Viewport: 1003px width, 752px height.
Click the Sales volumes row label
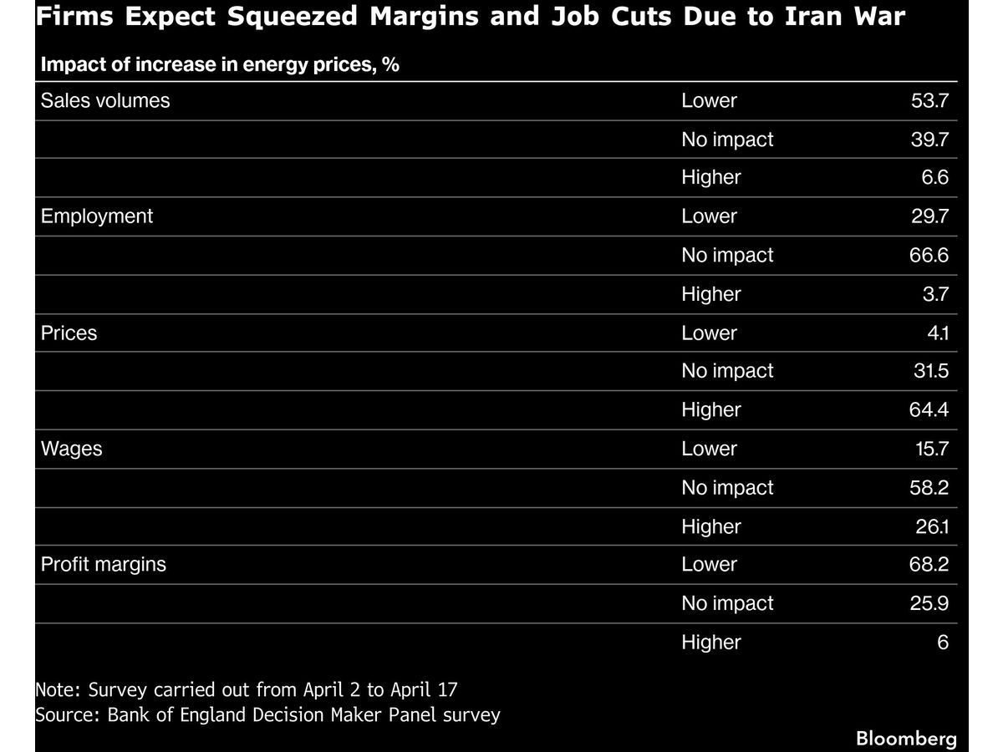(x=105, y=101)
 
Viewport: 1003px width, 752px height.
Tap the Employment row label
(x=97, y=216)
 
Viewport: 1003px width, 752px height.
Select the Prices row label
(x=69, y=333)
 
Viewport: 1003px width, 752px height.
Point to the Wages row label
(x=72, y=449)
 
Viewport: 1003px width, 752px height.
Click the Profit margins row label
(x=104, y=565)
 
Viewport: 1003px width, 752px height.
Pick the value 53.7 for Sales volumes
(x=929, y=101)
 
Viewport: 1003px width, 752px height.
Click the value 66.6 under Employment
(x=929, y=256)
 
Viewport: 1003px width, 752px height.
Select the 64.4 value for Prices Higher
(x=929, y=410)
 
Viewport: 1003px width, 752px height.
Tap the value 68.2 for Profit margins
(x=929, y=565)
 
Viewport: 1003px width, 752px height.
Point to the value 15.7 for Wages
(x=930, y=449)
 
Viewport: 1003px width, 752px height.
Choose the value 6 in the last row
(x=943, y=643)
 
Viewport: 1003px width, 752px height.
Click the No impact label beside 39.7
(x=727, y=140)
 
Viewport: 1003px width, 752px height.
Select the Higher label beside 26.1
(x=711, y=526)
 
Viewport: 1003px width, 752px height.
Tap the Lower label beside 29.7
(x=710, y=216)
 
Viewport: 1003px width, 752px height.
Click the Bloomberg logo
(x=906, y=739)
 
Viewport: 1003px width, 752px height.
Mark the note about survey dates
(x=247, y=690)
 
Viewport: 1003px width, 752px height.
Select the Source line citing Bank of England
(x=267, y=715)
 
